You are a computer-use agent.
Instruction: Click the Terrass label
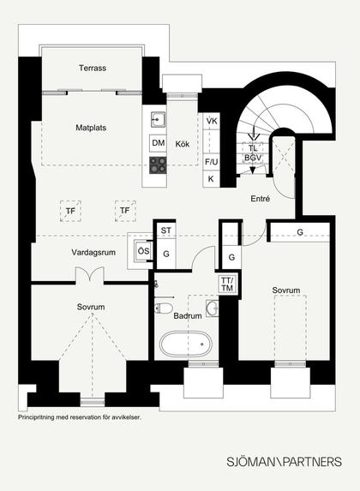pos(93,68)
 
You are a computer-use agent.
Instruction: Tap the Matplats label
pos(91,128)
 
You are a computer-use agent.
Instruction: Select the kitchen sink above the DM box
pos(158,119)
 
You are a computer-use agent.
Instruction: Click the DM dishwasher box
pos(159,143)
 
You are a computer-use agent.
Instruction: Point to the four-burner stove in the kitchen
pos(158,165)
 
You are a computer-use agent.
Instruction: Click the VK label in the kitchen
pos(212,121)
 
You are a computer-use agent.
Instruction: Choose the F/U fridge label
pos(211,162)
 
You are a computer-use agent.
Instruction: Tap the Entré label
pos(260,199)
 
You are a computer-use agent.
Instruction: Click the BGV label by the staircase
pos(253,158)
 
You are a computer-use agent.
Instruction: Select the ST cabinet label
pos(166,231)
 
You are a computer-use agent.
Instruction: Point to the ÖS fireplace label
pos(144,251)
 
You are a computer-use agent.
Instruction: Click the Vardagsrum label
pos(93,253)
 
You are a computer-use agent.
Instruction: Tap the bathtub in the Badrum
pos(186,344)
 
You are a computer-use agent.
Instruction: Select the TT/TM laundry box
pos(227,284)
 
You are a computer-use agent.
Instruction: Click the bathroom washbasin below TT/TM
pos(213,308)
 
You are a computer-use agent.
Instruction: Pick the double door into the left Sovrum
pos(90,274)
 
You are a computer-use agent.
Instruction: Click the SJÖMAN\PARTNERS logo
pos(285,462)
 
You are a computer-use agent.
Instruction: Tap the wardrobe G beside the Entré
pos(300,232)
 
